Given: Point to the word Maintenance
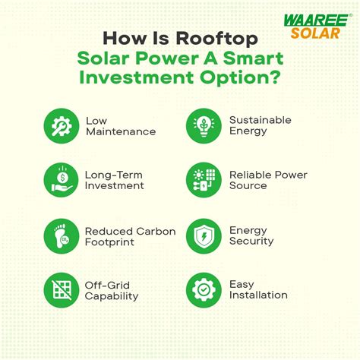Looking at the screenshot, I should [121, 132].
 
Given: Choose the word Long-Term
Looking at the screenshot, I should [115, 175].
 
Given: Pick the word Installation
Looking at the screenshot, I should [259, 295].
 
